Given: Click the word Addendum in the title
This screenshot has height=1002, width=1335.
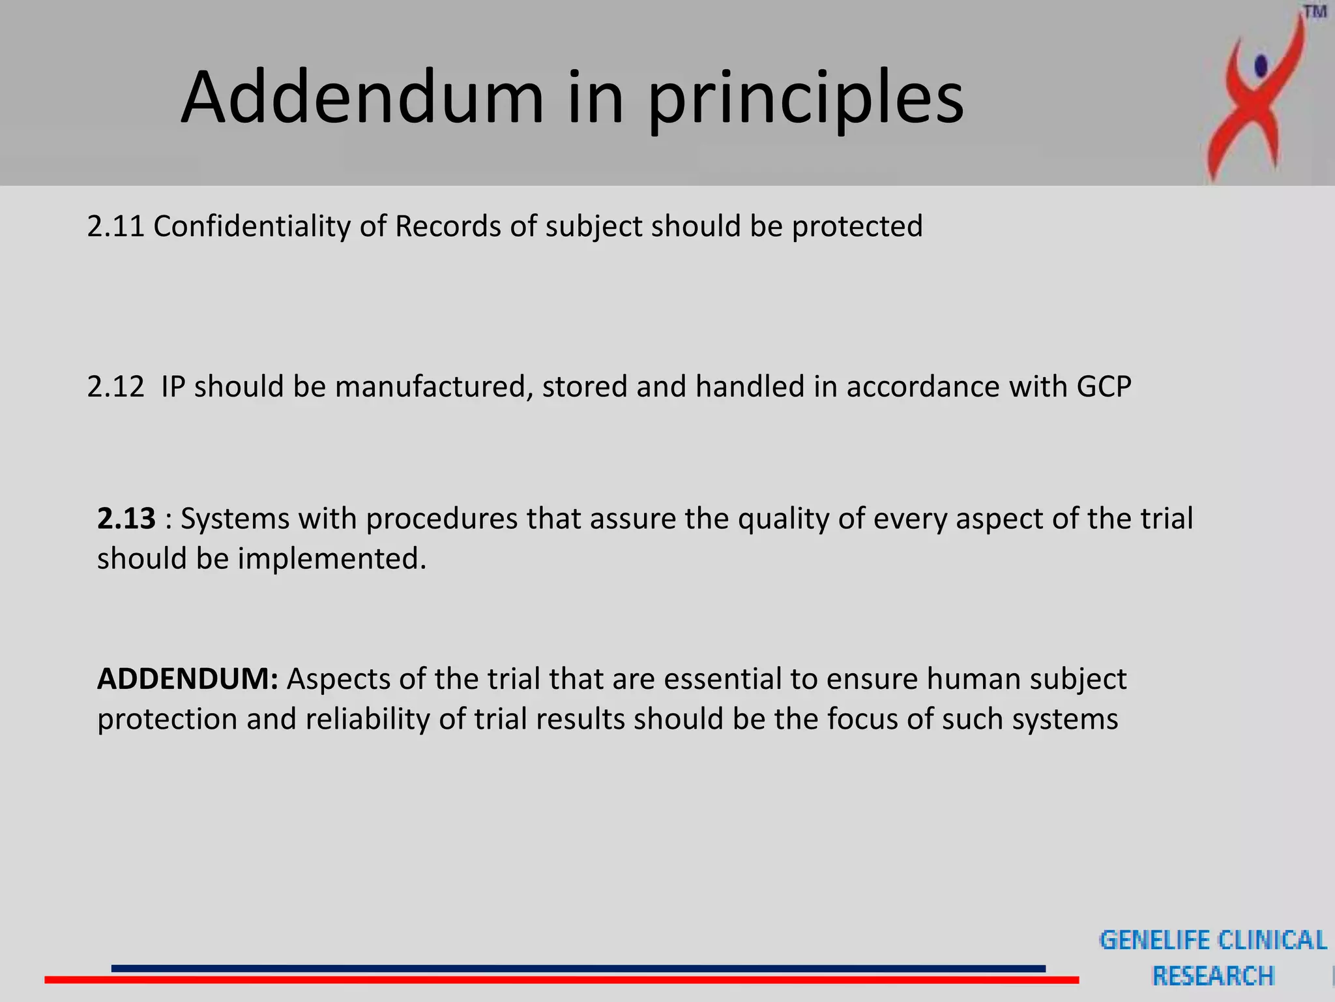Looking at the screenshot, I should (x=362, y=98).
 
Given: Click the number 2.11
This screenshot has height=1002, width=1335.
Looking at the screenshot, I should (x=115, y=226).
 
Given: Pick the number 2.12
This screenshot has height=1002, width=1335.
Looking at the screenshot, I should (x=115, y=387).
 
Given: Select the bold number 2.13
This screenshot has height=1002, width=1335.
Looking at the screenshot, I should (x=126, y=519).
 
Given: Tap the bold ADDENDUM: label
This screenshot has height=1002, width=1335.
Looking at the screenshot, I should (x=188, y=679).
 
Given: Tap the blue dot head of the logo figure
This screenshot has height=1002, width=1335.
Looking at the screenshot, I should (x=1261, y=65).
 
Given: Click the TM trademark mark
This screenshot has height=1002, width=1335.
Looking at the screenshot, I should (x=1315, y=12).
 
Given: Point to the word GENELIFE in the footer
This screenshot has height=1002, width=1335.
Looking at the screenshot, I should (x=1154, y=941).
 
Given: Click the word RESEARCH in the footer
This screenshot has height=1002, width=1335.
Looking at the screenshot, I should (x=1212, y=977).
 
